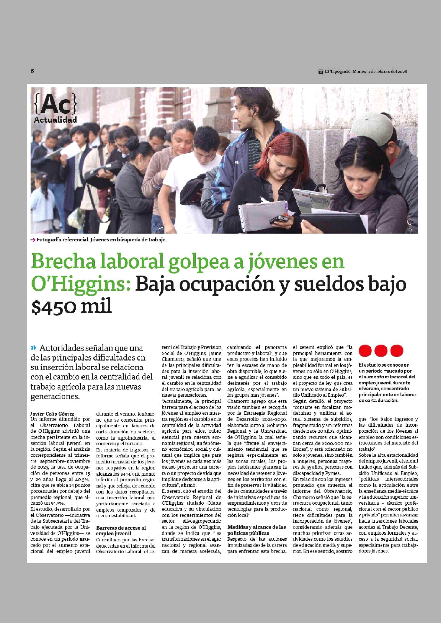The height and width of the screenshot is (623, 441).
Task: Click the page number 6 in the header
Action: point(32,71)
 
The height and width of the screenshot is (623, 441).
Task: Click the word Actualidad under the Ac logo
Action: point(55,120)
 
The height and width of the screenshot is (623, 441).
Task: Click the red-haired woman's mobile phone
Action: point(279,219)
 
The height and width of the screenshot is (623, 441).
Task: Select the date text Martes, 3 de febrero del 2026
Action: point(380,72)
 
